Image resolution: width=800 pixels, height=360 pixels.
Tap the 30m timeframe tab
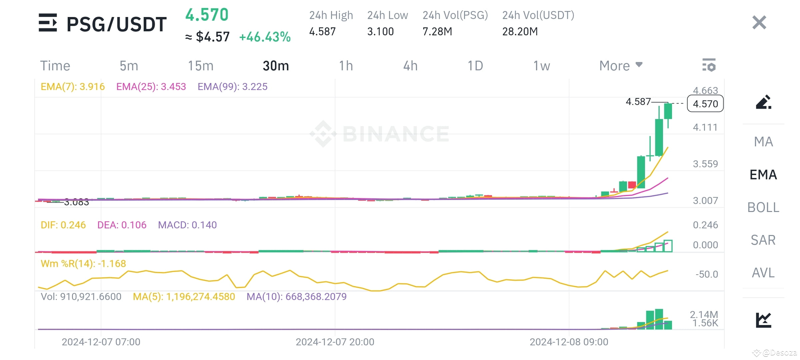276,66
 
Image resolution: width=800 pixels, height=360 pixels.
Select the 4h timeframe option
410,66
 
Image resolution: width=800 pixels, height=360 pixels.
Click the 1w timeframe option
542,66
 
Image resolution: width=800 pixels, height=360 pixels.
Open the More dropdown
620,66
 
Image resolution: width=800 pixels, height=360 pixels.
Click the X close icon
759,23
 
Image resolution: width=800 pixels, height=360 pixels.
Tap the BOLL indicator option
763,207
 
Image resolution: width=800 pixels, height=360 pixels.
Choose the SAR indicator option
763,240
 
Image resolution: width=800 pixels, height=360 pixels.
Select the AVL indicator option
763,273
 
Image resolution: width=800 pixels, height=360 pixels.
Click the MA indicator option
763,142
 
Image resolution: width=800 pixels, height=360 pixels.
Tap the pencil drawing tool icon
763,102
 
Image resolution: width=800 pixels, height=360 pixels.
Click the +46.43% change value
265,37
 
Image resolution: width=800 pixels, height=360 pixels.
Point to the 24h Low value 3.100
380,32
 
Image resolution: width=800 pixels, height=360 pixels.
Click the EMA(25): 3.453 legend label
151,87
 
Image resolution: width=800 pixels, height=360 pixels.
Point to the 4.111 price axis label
705,127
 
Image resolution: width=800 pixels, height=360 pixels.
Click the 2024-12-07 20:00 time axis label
335,342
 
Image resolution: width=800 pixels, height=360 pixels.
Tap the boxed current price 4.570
705,104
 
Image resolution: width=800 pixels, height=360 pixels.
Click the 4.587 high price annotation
638,102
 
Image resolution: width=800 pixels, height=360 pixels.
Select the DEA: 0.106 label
122,225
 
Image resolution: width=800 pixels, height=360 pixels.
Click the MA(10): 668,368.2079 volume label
296,297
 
